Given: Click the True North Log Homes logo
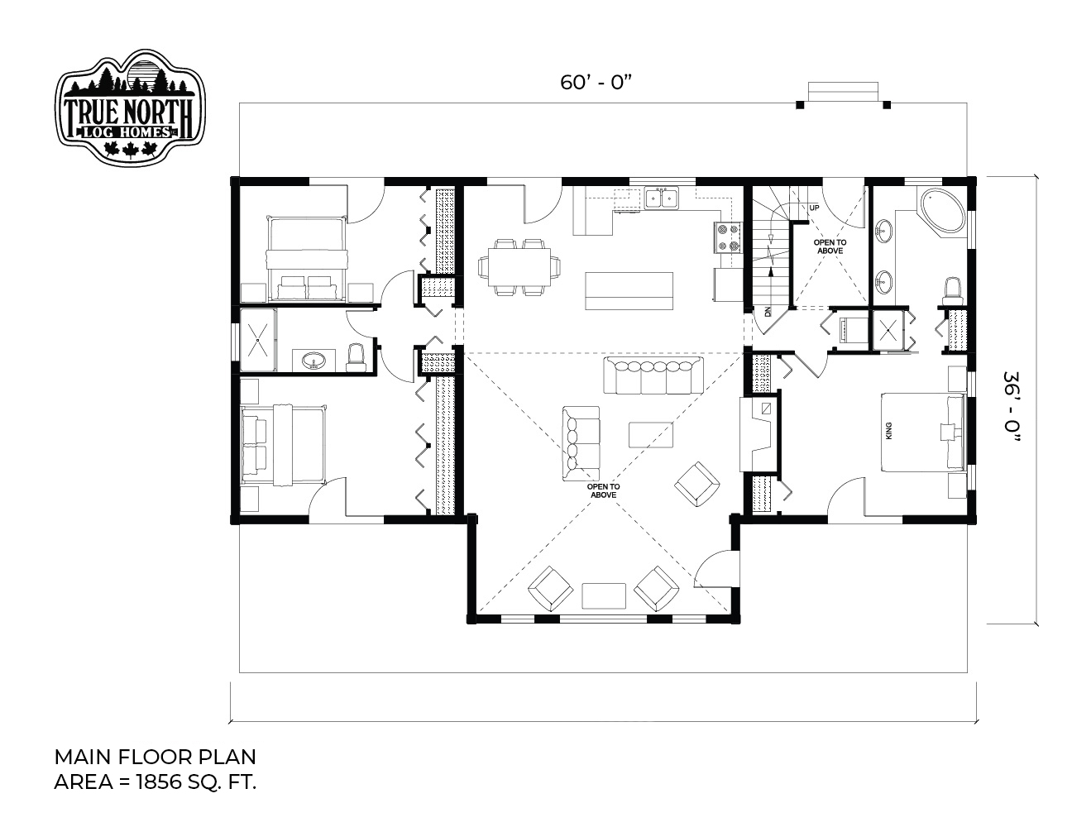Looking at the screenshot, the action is click(x=130, y=106).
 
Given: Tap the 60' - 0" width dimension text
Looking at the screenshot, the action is click(x=596, y=83).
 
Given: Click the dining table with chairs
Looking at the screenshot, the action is click(x=519, y=267).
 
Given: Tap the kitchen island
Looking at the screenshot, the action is click(x=629, y=291).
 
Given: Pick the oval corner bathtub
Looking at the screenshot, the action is click(x=942, y=211).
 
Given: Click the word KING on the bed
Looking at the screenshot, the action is click(x=889, y=431).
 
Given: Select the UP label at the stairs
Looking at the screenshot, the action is click(x=814, y=208).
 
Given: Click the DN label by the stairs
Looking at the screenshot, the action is click(x=768, y=312).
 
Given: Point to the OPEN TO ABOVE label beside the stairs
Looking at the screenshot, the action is click(x=830, y=246).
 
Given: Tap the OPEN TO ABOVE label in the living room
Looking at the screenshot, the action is click(x=603, y=490).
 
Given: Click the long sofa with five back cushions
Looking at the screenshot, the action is click(x=653, y=375).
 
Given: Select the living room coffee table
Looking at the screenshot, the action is click(x=651, y=434).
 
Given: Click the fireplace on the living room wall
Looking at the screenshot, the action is click(x=757, y=434).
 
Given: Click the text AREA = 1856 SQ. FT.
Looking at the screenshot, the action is click(x=155, y=782).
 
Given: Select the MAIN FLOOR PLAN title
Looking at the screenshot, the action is click(x=155, y=757).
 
